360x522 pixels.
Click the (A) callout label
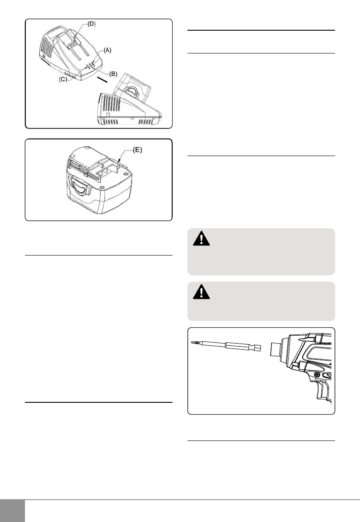(x=107, y=50)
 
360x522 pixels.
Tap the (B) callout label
(x=113, y=74)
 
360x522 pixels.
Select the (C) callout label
(x=63, y=80)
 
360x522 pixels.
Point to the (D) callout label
(x=92, y=24)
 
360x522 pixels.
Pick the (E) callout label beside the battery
(x=138, y=150)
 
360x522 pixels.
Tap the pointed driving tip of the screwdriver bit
(x=193, y=342)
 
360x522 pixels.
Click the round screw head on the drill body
(x=317, y=375)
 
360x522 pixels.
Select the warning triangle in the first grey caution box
(x=201, y=238)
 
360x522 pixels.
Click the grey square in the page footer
(x=12, y=511)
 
